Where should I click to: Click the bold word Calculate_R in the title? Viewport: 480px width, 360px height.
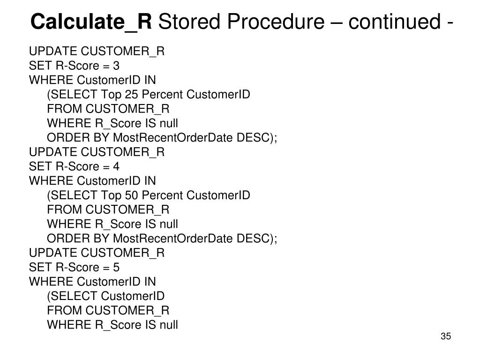[91, 22]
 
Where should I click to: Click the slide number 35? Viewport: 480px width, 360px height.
[445, 337]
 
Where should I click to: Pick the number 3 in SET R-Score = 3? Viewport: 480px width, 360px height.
[116, 66]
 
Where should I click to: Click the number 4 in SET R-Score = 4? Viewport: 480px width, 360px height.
[116, 166]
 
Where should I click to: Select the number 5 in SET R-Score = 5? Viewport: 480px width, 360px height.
[116, 267]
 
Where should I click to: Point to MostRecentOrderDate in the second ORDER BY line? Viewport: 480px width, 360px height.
[173, 239]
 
